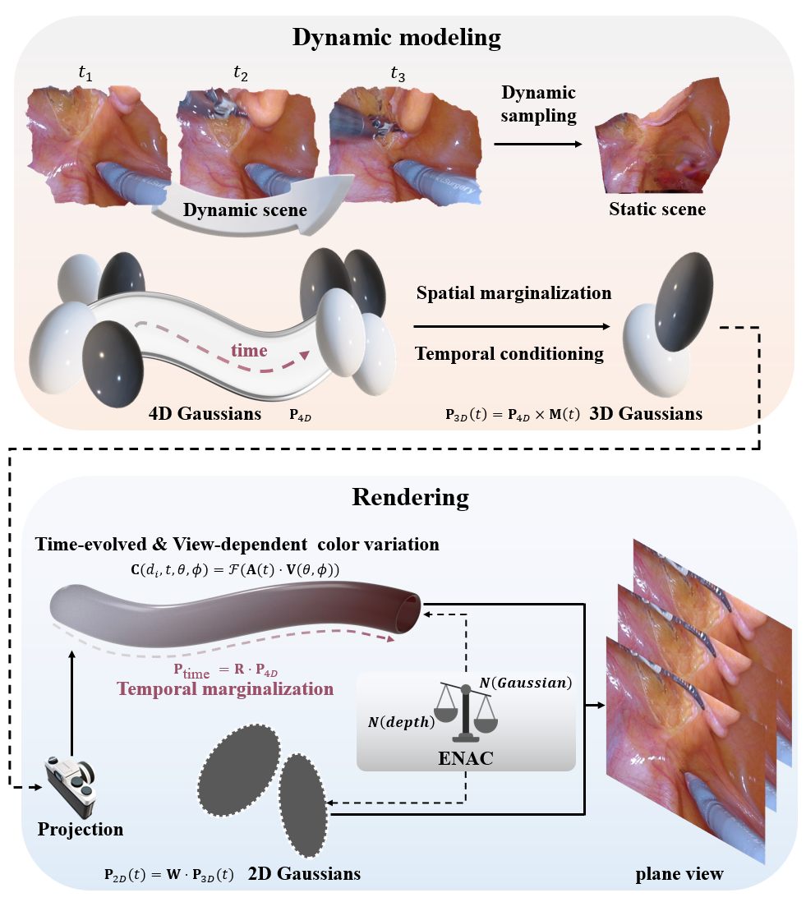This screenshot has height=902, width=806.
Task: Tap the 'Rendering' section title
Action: pos(410,497)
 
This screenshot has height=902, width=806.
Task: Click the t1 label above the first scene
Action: pos(85,74)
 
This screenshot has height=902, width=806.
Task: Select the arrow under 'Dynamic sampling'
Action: pos(538,143)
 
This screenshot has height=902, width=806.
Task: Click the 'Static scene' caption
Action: pos(656,209)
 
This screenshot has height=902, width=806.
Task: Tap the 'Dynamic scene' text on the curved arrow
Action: pos(245,209)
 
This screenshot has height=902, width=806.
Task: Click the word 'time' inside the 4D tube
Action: pos(248,351)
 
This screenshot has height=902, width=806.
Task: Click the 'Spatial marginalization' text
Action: pos(514,293)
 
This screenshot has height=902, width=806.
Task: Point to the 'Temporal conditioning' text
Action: pos(509,354)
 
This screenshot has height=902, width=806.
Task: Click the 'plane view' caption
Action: pos(679,873)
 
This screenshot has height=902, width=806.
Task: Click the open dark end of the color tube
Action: pos(409,608)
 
